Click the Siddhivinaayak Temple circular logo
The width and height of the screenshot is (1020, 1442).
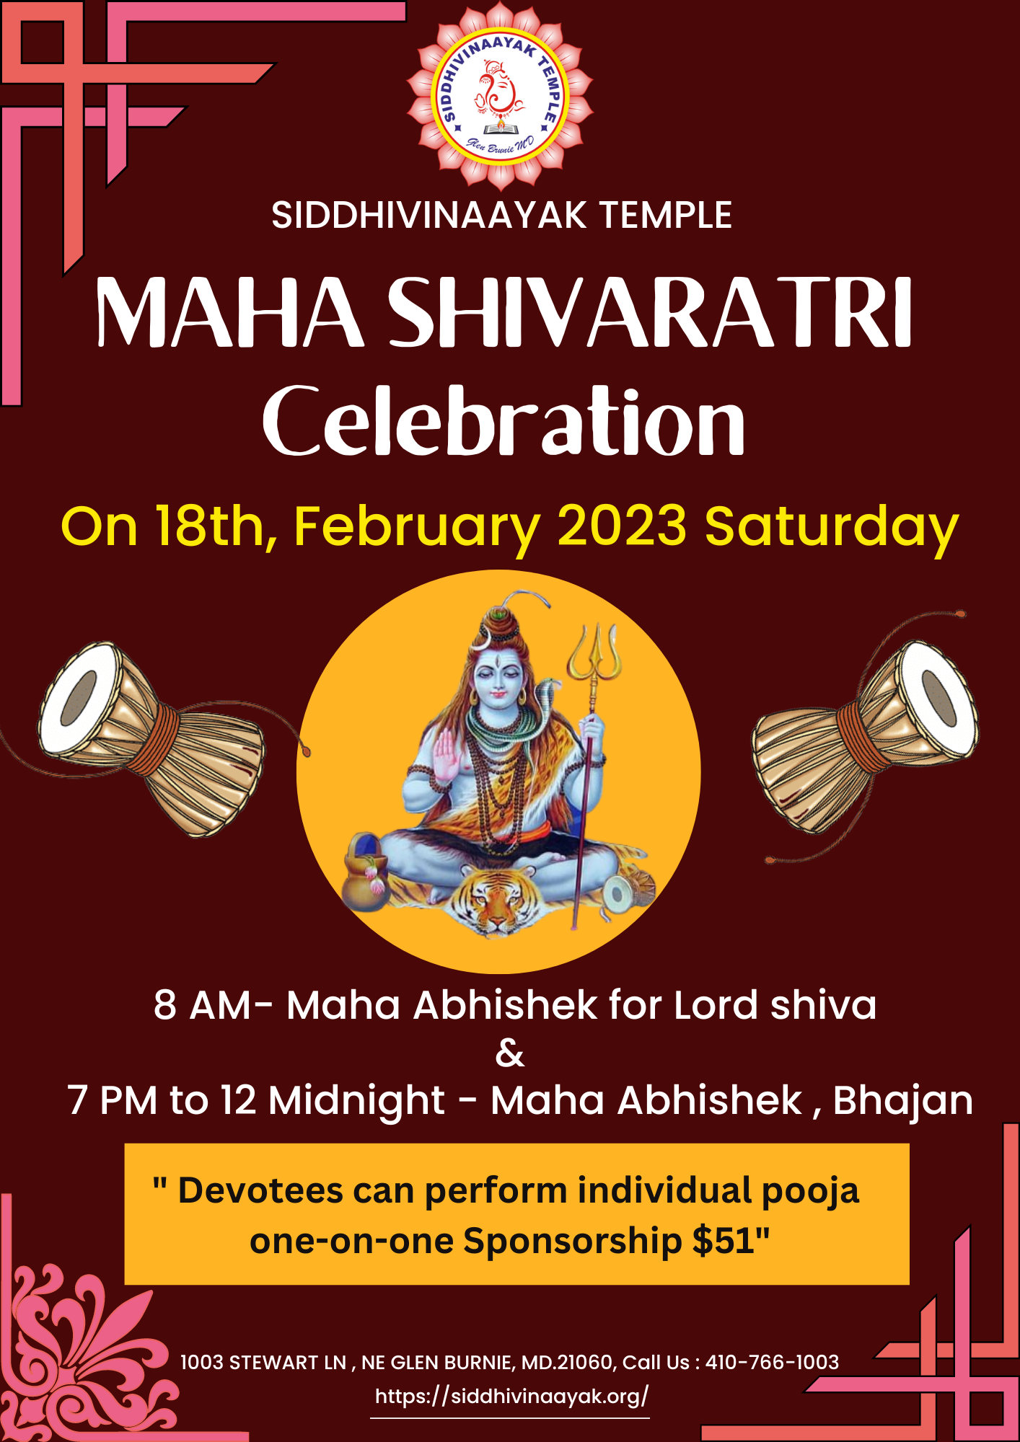[500, 96]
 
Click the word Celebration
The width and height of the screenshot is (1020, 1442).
[504, 421]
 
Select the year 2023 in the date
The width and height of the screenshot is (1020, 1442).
[622, 526]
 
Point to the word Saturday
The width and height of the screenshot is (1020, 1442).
[832, 528]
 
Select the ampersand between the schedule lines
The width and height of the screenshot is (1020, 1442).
[510, 1053]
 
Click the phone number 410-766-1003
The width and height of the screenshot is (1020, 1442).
[772, 1362]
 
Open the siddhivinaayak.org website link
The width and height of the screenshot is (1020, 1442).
[511, 1397]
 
